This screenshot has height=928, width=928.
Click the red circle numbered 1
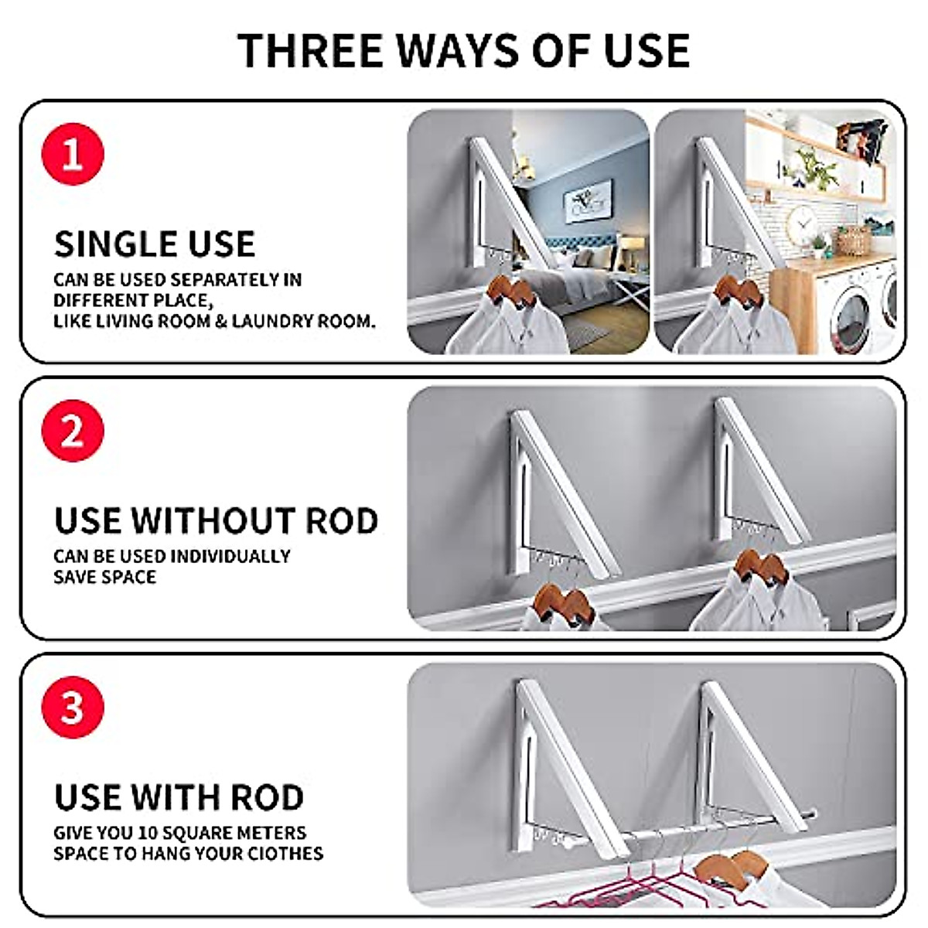tap(72, 154)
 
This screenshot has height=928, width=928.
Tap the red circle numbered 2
tap(72, 431)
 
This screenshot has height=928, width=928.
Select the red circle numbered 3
tap(72, 708)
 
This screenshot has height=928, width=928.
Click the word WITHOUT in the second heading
tap(213, 521)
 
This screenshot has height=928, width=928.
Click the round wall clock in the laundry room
tap(802, 225)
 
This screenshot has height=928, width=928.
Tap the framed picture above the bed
tap(588, 200)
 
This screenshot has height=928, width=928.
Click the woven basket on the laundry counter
tap(853, 241)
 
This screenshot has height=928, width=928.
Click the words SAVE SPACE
tap(104, 577)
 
